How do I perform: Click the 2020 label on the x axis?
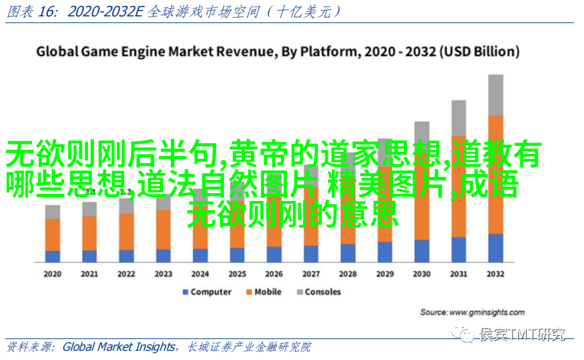click(53, 274)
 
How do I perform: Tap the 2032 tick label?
click(495, 274)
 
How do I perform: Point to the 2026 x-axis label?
click(274, 274)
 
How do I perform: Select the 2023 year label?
click(163, 274)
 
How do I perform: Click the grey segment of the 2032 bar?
click(496, 95)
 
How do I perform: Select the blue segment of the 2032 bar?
click(496, 248)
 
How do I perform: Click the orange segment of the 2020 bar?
click(53, 235)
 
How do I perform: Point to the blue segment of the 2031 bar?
click(459, 250)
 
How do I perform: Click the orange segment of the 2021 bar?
click(89, 233)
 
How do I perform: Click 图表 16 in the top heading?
click(24, 11)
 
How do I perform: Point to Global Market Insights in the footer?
click(119, 347)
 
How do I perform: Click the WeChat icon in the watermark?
click(467, 335)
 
